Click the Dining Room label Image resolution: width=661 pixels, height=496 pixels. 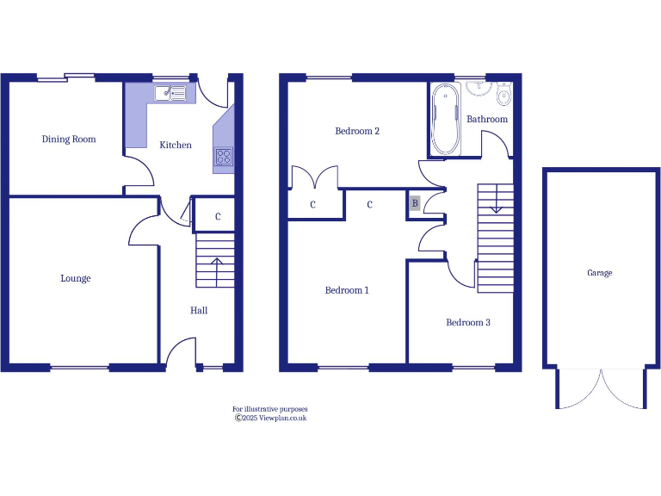tap(69, 139)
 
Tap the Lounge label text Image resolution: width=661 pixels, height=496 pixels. tap(76, 278)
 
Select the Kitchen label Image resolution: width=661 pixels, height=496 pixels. tap(176, 145)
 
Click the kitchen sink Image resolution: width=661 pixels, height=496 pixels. tap(170, 93)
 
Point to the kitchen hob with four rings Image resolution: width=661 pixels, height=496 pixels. tap(224, 157)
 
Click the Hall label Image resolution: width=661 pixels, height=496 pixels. tap(199, 310)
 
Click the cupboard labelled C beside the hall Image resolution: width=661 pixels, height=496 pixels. tap(218, 216)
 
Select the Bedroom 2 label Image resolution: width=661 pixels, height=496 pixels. tap(357, 131)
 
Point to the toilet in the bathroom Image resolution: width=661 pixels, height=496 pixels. tap(503, 92)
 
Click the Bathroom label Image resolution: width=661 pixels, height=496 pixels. tap(487, 119)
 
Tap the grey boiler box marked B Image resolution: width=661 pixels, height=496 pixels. tap(415, 204)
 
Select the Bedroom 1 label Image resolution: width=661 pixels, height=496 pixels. tap(347, 290)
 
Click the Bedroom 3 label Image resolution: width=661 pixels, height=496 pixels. tap(468, 322)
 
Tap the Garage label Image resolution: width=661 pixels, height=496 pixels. tap(600, 273)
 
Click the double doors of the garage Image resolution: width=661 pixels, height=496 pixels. tap(601, 389)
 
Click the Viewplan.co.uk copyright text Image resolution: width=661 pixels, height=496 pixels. tap(271, 418)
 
